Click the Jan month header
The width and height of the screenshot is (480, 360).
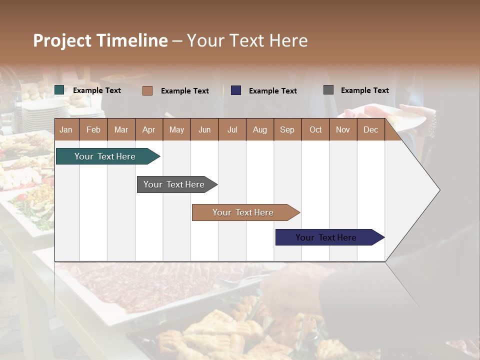click(x=66, y=129)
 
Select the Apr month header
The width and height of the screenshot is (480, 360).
click(x=149, y=129)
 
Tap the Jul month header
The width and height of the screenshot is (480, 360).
click(x=232, y=129)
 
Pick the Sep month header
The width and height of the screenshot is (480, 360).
click(x=287, y=129)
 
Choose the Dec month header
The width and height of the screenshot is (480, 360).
click(x=370, y=129)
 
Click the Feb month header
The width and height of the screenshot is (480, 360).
click(x=93, y=129)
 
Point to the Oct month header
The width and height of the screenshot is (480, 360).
click(x=315, y=129)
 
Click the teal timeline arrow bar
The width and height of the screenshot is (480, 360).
click(x=105, y=156)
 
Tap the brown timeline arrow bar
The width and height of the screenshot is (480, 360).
click(x=243, y=212)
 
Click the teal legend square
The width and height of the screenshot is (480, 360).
click(x=59, y=90)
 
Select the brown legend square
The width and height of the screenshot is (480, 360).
click(x=147, y=90)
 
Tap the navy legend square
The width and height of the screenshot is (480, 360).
click(x=236, y=90)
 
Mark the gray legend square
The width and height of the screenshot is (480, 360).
click(x=328, y=90)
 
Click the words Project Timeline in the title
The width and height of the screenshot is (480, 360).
click(x=100, y=40)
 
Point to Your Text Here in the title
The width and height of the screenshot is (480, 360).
click(x=247, y=40)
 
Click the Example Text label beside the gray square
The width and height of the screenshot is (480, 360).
click(x=364, y=90)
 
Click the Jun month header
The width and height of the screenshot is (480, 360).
click(x=204, y=129)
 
